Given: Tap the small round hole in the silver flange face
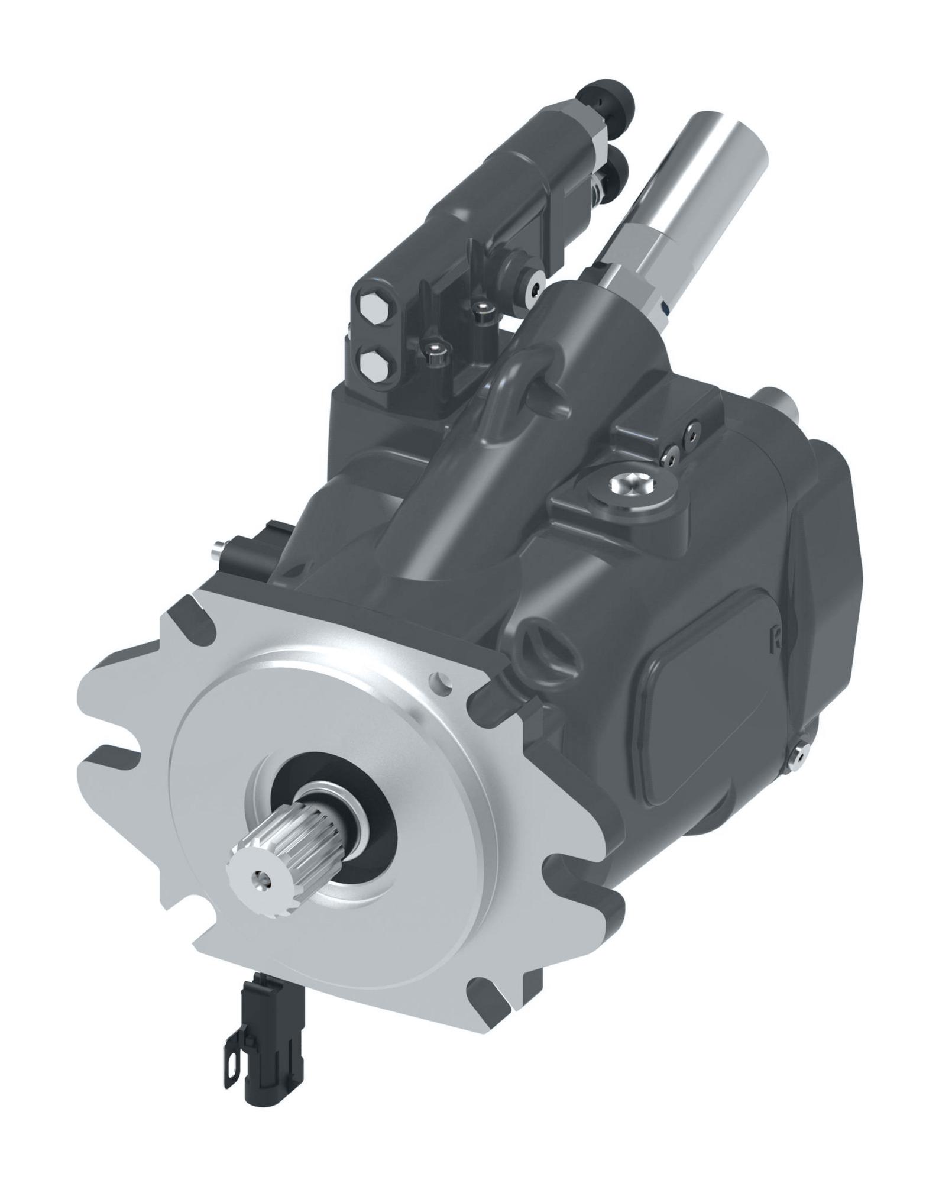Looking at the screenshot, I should tap(440, 681).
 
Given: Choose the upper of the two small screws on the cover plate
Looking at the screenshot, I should tap(691, 434).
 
